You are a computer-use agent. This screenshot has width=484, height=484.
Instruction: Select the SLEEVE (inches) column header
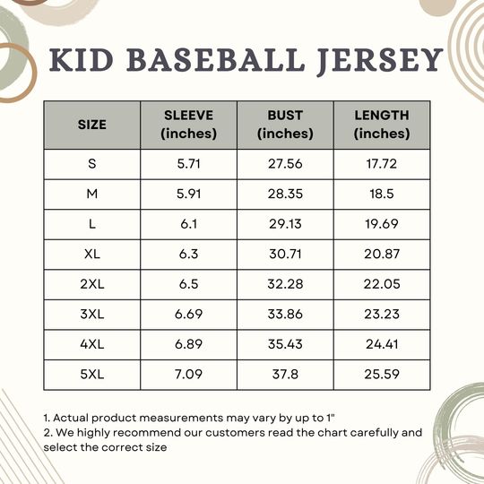(189, 125)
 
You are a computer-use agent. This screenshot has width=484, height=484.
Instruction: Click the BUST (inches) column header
(285, 125)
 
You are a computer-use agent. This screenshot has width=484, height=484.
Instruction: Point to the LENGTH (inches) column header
(382, 125)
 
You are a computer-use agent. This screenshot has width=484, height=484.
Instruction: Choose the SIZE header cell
(91, 125)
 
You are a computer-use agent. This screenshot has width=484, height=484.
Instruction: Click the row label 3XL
(91, 315)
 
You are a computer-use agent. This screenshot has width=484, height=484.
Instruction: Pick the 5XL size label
(91, 375)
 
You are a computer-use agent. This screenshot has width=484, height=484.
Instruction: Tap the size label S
(91, 164)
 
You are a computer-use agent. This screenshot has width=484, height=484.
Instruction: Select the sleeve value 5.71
(189, 164)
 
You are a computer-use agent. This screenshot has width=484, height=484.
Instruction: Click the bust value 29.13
(285, 224)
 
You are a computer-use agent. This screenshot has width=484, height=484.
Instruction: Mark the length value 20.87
(382, 255)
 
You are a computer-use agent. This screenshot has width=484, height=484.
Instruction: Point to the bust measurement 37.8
(285, 375)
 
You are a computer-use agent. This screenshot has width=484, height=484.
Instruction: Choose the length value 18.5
(382, 194)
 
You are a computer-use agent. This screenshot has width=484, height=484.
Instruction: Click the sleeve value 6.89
(189, 345)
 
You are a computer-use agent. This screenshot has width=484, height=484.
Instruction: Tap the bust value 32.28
(285, 284)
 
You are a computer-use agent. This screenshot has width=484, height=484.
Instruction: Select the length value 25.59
(382, 375)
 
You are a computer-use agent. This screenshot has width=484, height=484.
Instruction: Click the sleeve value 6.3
(189, 255)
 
